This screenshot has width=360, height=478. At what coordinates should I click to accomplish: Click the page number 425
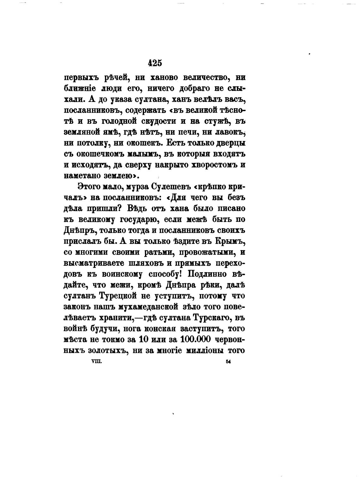(155, 63)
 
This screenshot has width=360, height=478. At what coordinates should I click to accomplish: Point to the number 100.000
(197, 339)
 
